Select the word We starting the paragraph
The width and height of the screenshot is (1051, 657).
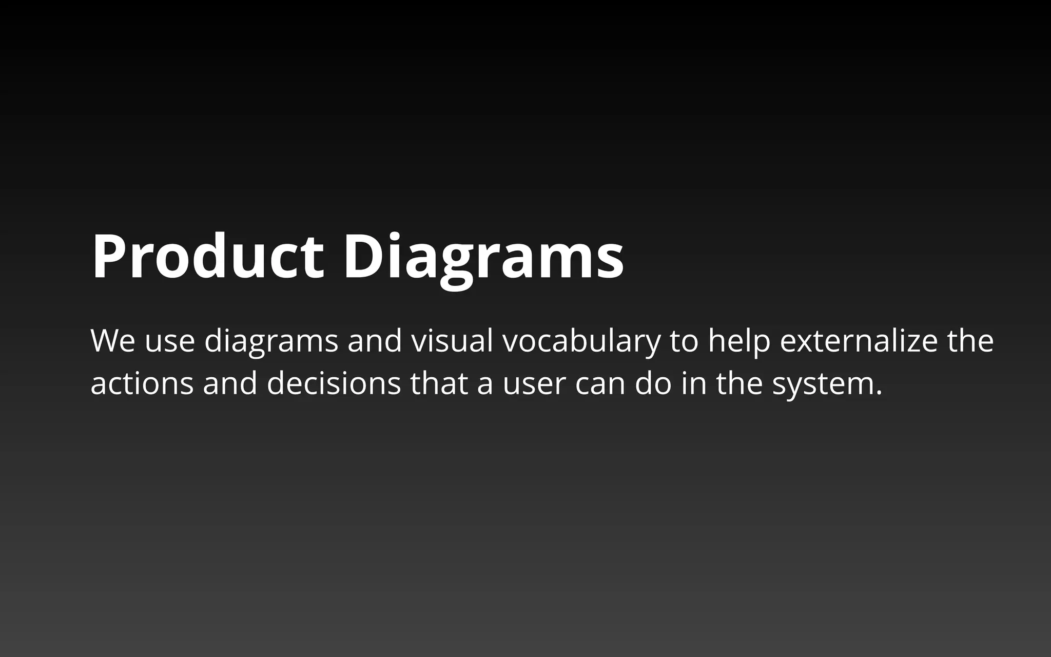click(x=113, y=341)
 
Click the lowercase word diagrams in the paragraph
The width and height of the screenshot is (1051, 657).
click(x=271, y=341)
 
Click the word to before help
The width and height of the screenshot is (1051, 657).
click(x=684, y=341)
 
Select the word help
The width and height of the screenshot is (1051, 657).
click(x=739, y=341)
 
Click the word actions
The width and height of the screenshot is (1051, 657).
click(x=142, y=383)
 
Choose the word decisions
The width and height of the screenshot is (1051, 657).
click(x=334, y=383)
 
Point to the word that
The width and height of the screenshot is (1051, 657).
click(x=439, y=383)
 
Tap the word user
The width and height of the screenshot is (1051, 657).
click(x=534, y=383)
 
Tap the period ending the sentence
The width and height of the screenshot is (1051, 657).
click(x=879, y=393)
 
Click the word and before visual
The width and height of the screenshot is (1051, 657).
click(x=375, y=341)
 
